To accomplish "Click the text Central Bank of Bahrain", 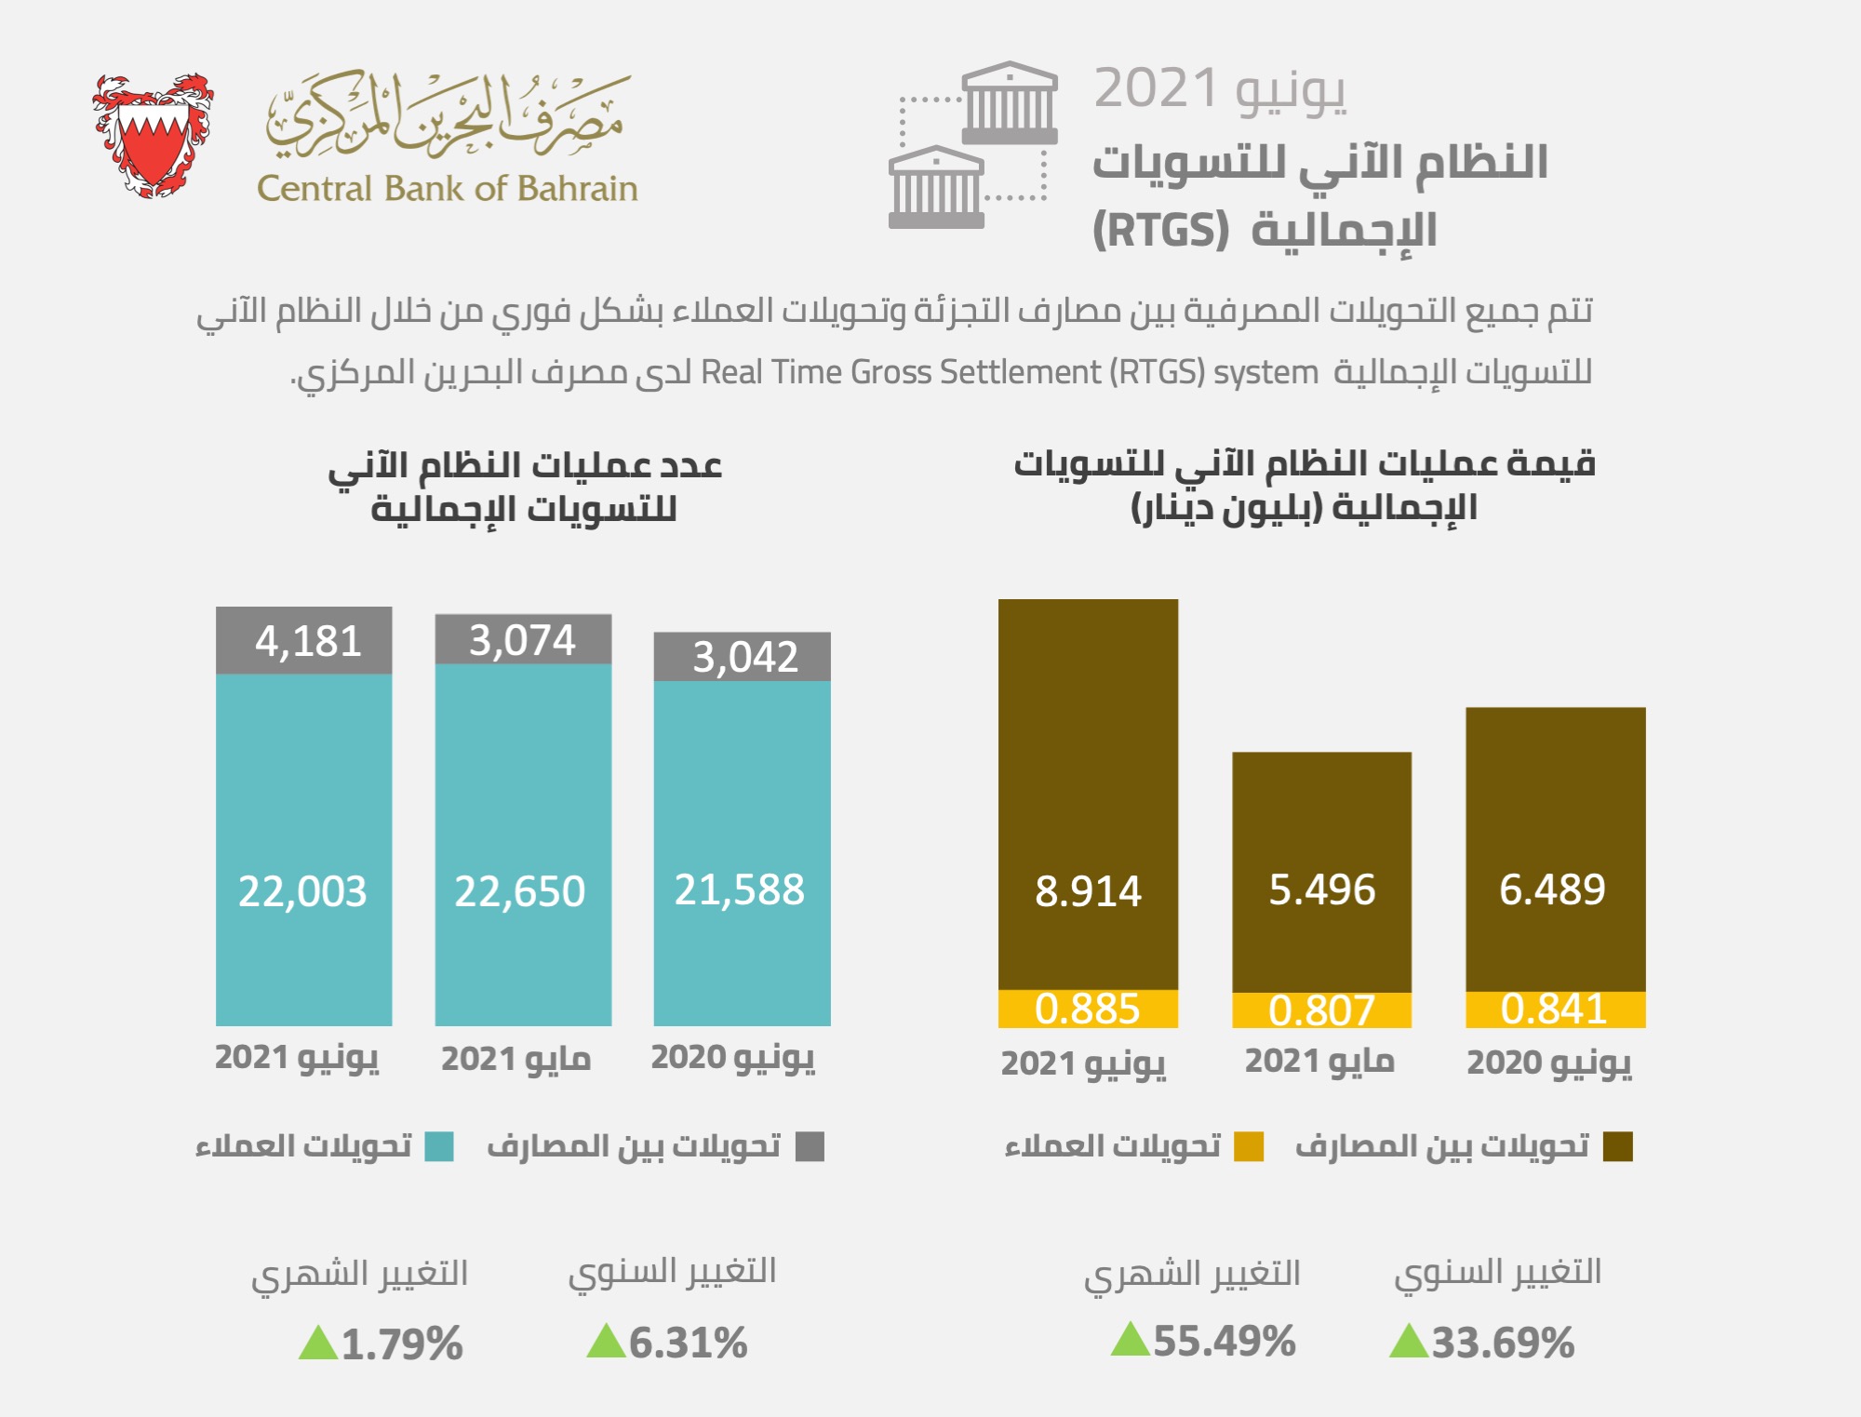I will [447, 189].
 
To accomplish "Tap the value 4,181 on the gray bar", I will [308, 641].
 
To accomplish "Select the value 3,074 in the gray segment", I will [522, 640].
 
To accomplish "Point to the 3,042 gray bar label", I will [744, 657].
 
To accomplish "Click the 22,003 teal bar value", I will [302, 890].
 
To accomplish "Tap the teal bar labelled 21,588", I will [739, 889].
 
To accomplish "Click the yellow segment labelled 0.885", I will [1087, 1009].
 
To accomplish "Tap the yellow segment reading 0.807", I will [1321, 1010].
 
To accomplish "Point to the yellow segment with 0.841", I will [1554, 1009].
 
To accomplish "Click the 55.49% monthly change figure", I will [1224, 1342].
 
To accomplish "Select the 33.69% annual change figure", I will [1502, 1343].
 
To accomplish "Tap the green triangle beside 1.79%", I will [318, 1343].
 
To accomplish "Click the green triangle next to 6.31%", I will [606, 1341].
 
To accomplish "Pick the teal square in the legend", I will [439, 1146].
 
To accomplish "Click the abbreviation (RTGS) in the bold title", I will [1160, 230].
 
